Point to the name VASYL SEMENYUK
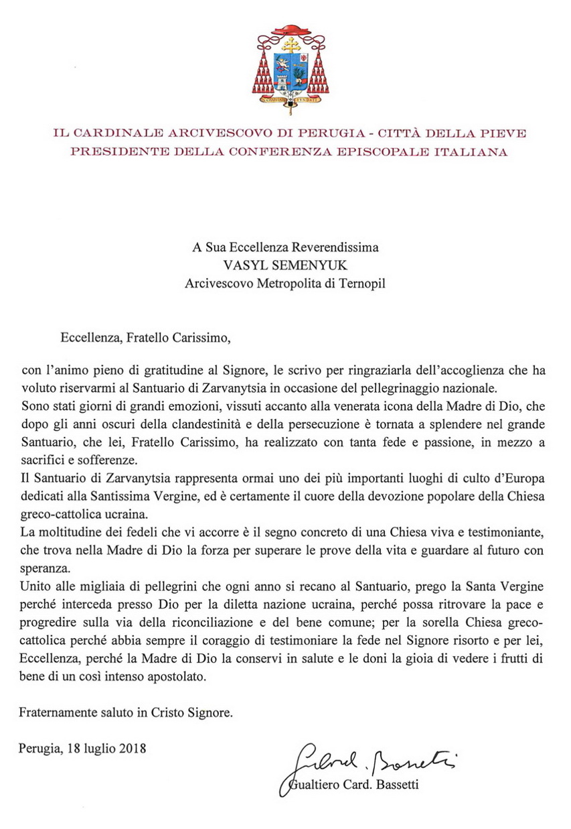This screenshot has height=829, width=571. [x=284, y=265]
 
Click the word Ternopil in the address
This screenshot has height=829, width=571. [x=363, y=283]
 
